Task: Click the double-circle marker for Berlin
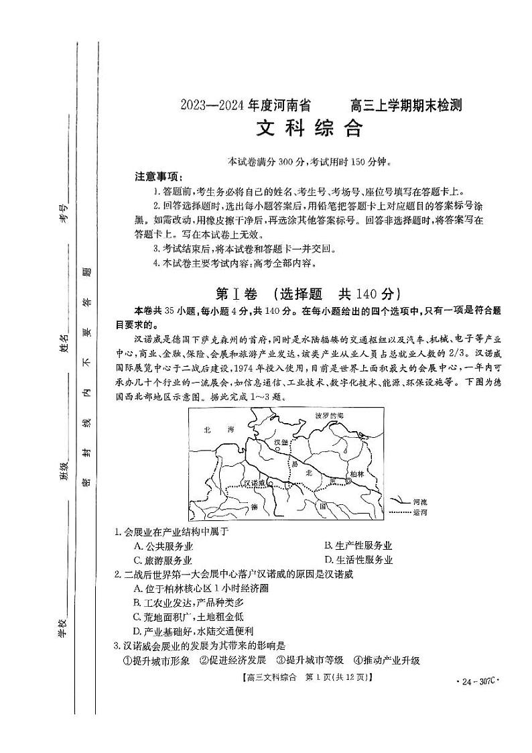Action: (x=348, y=481)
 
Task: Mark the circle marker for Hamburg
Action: (x=285, y=451)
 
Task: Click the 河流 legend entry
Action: (x=420, y=501)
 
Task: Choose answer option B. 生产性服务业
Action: (x=358, y=546)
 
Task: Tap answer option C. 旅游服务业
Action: (x=163, y=560)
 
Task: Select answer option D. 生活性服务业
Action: (x=358, y=560)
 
